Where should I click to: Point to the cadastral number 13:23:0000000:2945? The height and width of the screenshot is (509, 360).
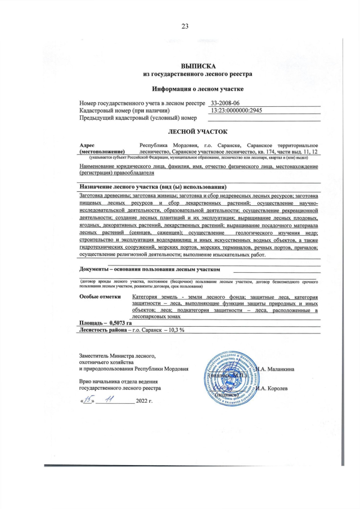click(x=236, y=110)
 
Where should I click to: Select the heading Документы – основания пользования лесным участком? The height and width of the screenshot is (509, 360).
click(x=149, y=269)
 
